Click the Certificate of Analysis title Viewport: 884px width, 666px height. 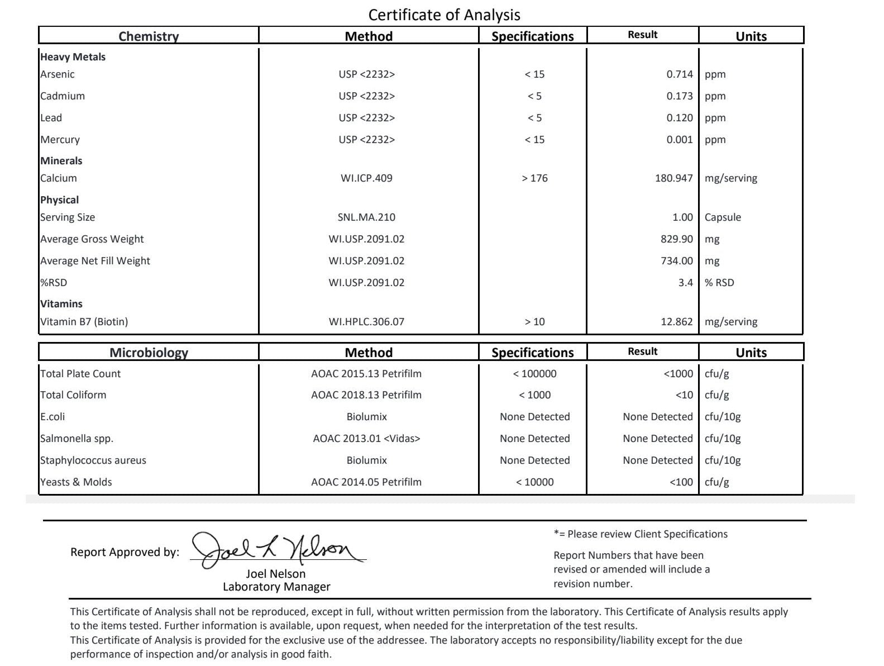tap(444, 15)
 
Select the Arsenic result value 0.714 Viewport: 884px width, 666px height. tap(679, 74)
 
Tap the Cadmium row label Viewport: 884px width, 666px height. tap(63, 96)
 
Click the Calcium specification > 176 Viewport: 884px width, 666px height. tap(534, 178)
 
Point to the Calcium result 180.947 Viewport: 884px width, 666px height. tap(673, 178)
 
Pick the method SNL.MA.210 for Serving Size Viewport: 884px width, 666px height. tap(366, 217)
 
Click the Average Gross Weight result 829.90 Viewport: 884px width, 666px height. tap(676, 239)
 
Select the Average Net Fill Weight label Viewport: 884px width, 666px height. tap(95, 261)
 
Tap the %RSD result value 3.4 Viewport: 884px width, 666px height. tap(685, 283)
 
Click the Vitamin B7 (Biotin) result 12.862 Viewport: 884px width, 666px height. tap(676, 322)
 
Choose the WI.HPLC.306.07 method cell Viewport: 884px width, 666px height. tap(366, 322)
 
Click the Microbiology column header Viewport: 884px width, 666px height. tap(149, 353)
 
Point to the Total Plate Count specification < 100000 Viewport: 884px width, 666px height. tap(534, 374)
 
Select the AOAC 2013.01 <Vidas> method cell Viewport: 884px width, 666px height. tap(366, 439)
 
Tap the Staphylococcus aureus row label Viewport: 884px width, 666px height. tap(93, 460)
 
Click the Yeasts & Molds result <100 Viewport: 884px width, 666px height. tap(681, 482)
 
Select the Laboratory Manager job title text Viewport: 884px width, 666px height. tap(276, 587)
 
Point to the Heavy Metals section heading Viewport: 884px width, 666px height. tap(73, 57)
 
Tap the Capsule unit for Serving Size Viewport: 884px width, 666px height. tap(723, 217)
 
